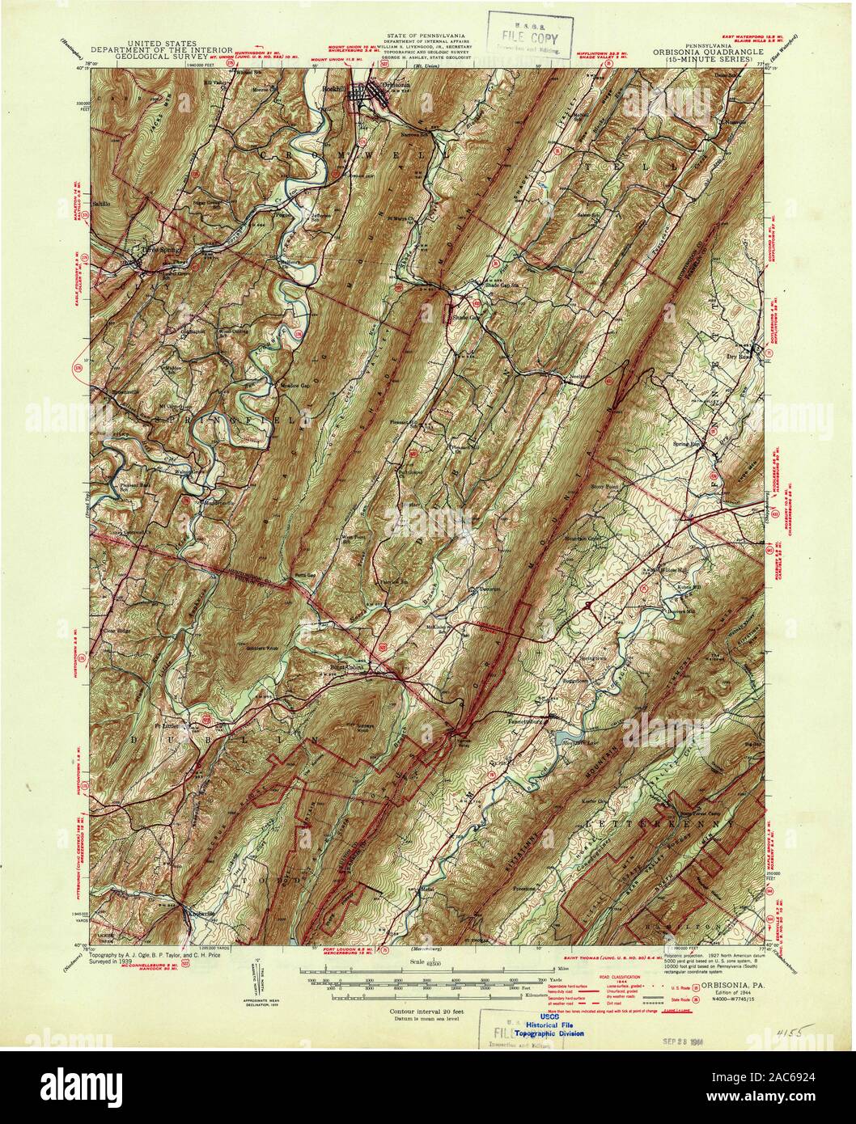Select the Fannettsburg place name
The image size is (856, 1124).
coord(528,718)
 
